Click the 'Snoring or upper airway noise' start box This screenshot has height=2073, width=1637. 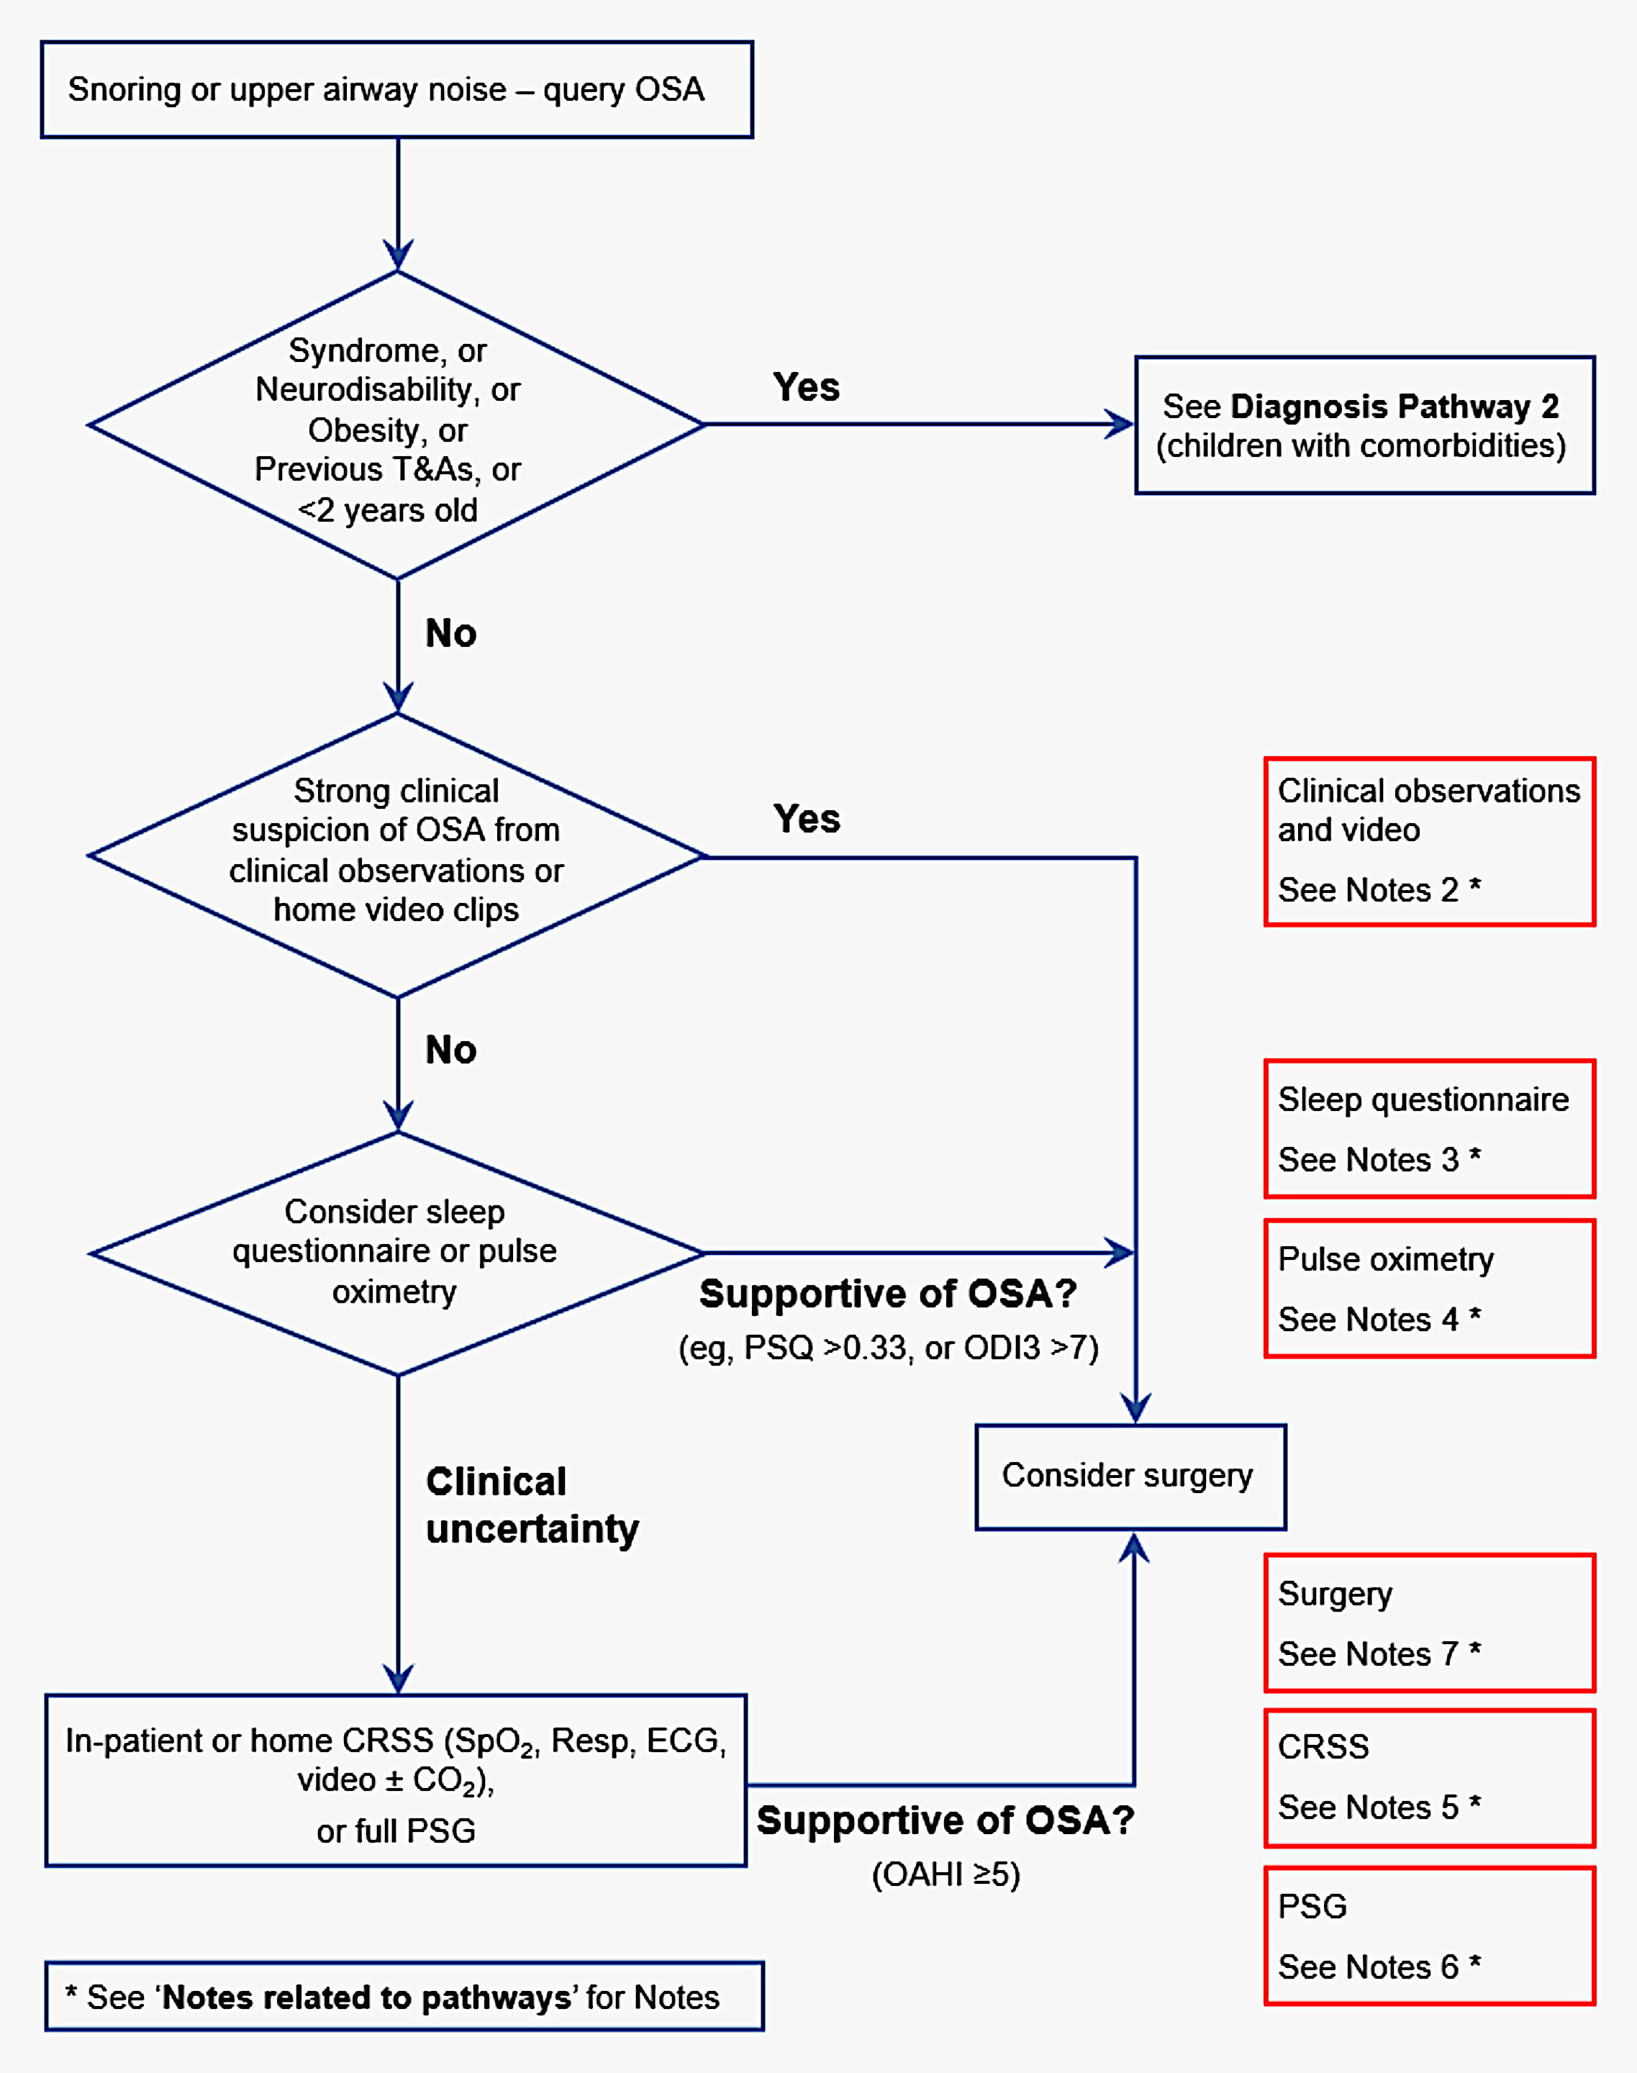(x=396, y=89)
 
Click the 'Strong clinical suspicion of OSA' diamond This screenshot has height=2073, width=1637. (x=396, y=853)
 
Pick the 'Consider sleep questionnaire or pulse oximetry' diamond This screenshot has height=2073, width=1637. (x=396, y=1252)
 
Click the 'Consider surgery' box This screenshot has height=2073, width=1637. (x=1130, y=1476)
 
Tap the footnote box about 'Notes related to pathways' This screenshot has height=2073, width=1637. (x=404, y=1996)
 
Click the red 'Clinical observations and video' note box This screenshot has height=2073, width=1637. (x=1429, y=840)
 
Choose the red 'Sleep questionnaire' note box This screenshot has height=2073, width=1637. (x=1429, y=1128)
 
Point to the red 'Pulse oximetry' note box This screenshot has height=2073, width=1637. (x=1429, y=1287)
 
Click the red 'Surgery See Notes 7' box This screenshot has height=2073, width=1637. (x=1429, y=1623)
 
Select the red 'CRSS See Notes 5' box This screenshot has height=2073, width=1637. (x=1429, y=1777)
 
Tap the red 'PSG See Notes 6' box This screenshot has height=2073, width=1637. (x=1429, y=1935)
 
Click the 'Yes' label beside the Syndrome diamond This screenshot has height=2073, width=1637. (x=806, y=387)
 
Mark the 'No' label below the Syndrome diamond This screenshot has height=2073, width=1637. (x=450, y=633)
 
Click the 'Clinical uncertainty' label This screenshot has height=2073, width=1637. (x=532, y=1505)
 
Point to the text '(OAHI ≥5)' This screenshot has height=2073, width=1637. (x=945, y=1874)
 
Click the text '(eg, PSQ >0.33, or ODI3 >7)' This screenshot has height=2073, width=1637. (x=889, y=1348)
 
